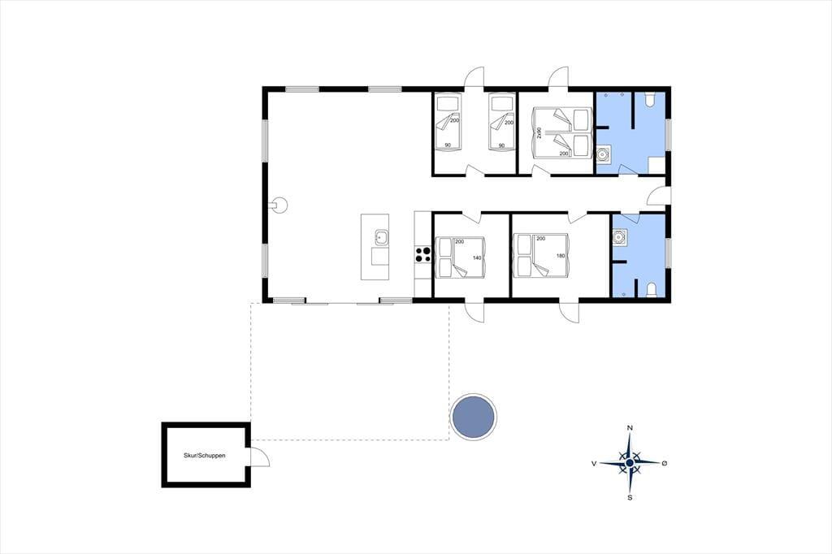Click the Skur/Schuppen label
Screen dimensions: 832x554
204,455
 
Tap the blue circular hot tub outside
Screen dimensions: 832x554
474,417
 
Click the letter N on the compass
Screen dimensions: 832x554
630,428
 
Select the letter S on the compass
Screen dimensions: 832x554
630,497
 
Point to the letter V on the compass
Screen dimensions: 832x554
594,463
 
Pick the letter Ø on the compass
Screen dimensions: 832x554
665,463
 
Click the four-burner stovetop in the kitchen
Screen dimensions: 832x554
422,254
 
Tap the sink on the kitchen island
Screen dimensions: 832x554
381,238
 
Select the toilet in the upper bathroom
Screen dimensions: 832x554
651,99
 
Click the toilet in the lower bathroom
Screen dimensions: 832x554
652,290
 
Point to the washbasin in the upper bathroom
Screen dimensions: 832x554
604,154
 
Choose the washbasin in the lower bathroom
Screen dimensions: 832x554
619,236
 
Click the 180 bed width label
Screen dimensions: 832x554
561,256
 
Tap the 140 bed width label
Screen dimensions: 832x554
476,258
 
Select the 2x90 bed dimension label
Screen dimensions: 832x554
539,132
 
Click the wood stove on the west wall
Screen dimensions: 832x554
279,205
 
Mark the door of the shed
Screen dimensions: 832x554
259,456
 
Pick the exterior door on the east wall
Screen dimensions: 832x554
657,195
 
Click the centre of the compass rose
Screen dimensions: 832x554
630,463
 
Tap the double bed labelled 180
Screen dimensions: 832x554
541,257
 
